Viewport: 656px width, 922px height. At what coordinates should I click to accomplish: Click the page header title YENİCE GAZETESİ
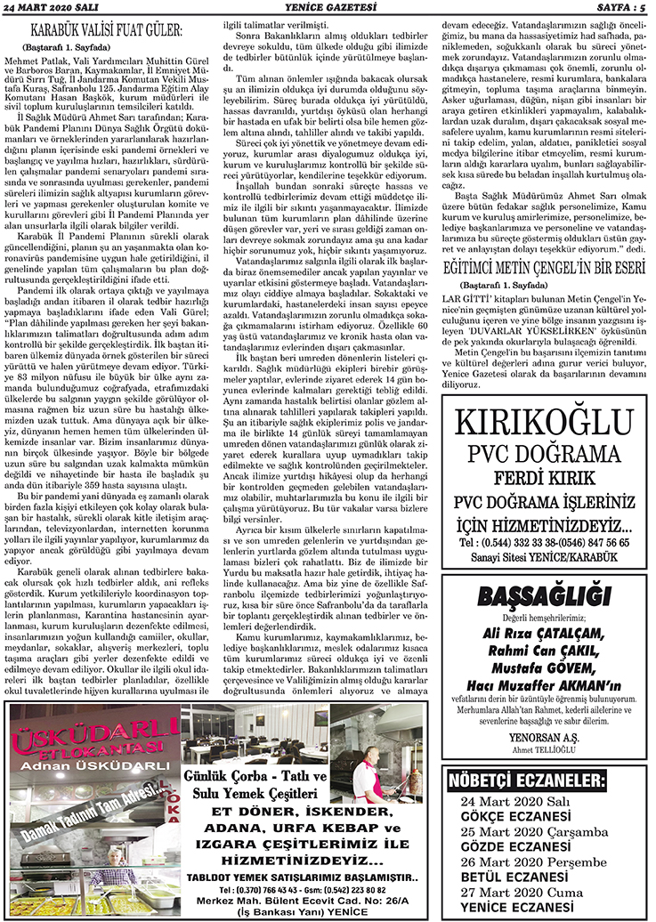pos(327,7)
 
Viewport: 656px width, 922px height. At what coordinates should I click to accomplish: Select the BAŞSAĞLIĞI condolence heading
pos(546,597)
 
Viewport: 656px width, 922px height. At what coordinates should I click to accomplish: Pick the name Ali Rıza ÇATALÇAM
pos(546,633)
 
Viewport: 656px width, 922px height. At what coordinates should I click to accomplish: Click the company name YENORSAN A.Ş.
pos(546,737)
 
